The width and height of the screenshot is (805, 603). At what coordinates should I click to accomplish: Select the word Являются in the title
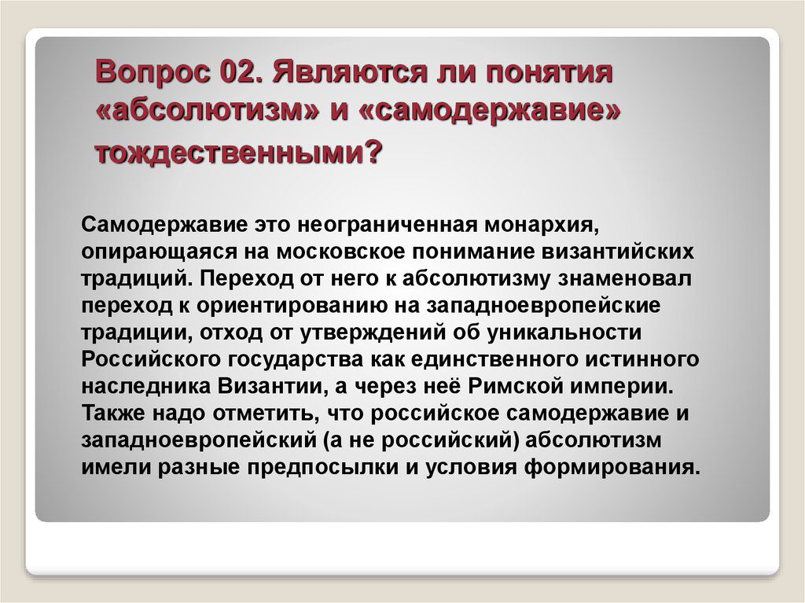(x=350, y=72)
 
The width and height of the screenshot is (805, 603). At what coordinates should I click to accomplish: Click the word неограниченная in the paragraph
(x=388, y=225)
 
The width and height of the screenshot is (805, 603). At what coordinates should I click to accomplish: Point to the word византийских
(x=618, y=252)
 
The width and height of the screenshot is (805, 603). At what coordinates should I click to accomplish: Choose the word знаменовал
(x=624, y=279)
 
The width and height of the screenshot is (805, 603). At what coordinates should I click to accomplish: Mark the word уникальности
(x=564, y=333)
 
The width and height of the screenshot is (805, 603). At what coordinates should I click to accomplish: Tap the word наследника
(x=145, y=387)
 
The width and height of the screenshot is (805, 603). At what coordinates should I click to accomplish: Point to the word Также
(x=112, y=414)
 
